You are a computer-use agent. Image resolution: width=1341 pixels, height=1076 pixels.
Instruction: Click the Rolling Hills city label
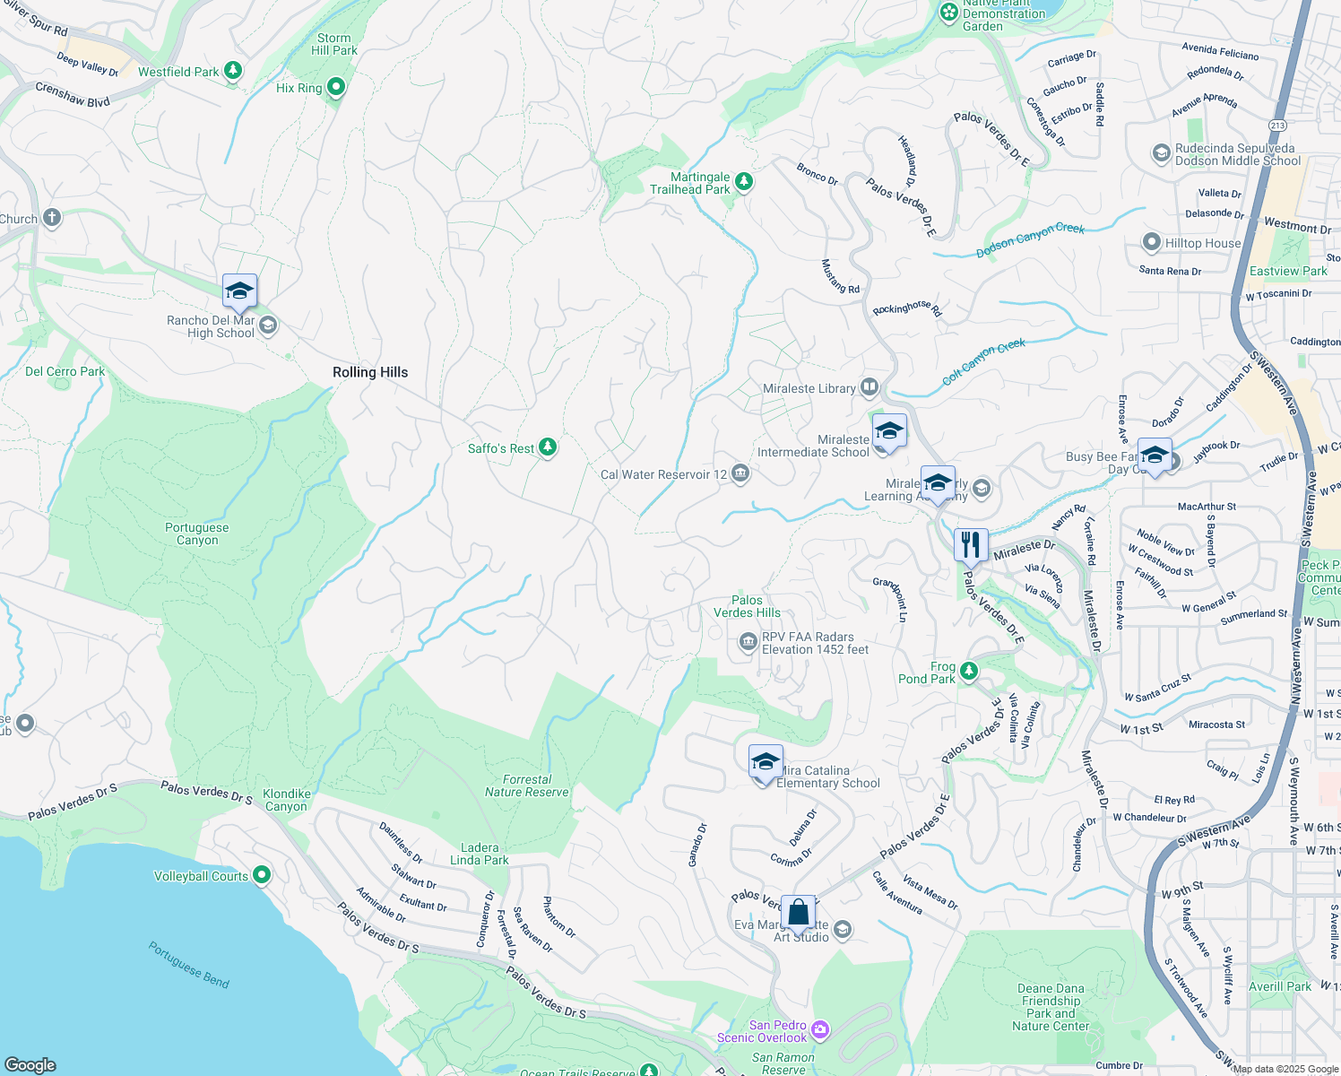(x=369, y=372)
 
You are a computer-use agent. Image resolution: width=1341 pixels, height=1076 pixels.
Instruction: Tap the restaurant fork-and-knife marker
(x=971, y=544)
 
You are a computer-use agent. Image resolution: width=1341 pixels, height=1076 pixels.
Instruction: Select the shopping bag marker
(x=798, y=913)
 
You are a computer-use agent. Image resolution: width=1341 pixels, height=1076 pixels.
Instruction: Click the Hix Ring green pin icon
(x=336, y=87)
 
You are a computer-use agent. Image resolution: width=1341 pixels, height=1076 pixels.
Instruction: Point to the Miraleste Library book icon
(x=869, y=387)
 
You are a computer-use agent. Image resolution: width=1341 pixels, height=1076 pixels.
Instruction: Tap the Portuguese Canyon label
(x=196, y=534)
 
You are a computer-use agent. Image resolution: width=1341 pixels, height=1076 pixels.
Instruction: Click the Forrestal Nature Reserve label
(x=526, y=785)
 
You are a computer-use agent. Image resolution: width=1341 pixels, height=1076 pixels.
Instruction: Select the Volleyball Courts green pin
(x=262, y=874)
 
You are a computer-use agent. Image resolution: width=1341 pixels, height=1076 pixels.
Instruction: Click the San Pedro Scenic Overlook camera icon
(x=820, y=1030)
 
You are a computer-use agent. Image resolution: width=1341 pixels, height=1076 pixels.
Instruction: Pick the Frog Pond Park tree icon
(x=968, y=671)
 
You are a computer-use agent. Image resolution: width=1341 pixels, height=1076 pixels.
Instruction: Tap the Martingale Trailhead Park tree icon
(x=743, y=182)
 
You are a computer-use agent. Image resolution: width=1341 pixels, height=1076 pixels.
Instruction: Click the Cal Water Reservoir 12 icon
(x=740, y=473)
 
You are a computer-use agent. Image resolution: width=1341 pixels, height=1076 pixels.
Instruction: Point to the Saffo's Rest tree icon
(x=547, y=447)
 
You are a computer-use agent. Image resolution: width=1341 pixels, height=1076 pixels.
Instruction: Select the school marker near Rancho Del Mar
(x=239, y=291)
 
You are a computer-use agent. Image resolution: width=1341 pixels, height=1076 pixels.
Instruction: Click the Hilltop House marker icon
(x=1152, y=242)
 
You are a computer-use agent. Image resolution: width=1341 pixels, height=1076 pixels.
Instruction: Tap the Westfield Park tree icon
(x=233, y=70)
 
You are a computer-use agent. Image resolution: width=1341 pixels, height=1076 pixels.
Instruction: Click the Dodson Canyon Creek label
(x=1030, y=240)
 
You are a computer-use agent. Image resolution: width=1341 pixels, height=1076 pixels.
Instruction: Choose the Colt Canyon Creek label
(x=983, y=361)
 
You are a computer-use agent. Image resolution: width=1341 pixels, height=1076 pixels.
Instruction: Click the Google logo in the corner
(x=30, y=1064)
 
